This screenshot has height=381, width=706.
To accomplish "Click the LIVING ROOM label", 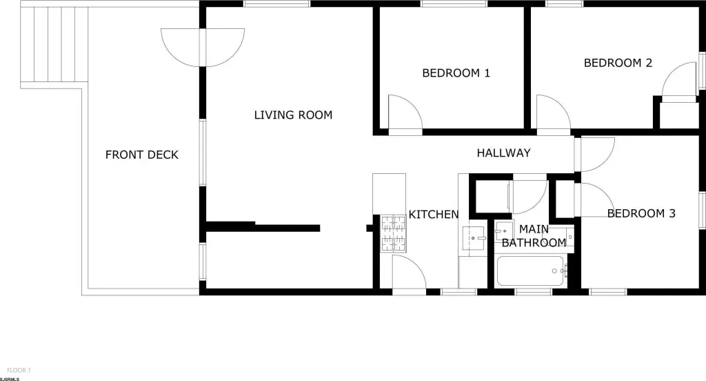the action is point(293,115).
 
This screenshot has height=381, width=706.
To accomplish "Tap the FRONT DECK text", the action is point(142,155).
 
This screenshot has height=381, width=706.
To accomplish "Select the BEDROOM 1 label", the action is point(456,73).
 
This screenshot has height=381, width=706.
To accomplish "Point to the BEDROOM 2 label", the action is point(618,63).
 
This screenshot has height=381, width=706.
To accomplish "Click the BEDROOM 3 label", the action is point(641,213).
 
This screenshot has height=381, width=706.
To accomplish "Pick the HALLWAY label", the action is point(503,153).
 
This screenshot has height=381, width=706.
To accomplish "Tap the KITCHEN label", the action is point(434,214).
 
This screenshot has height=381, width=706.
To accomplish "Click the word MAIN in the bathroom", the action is point(534,229).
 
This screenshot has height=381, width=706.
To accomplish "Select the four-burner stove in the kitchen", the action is point(393,233).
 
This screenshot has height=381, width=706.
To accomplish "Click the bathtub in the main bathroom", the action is point(530,271).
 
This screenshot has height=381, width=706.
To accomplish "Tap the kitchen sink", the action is point(473,238).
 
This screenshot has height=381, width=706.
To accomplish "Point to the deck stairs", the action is point(54,44).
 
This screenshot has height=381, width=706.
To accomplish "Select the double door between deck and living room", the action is point(203,48).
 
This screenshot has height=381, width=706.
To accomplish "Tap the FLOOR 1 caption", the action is point(19,371).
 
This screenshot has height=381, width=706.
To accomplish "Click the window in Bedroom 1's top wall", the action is point(454,3).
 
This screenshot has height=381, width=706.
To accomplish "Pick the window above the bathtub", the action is point(533,292).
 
